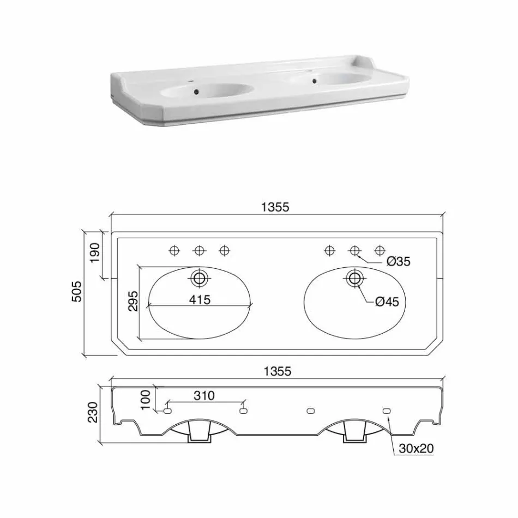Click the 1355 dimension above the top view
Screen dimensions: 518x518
[x=278, y=207]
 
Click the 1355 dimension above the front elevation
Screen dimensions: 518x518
[x=278, y=371]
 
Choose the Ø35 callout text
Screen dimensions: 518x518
[x=398, y=262]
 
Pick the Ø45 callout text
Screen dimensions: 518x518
[x=388, y=302]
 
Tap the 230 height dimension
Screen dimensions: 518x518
[x=93, y=412]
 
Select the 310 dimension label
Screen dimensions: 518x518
[x=204, y=396]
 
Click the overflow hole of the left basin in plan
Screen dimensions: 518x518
[x=199, y=278]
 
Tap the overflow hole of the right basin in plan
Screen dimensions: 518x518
[x=355, y=278]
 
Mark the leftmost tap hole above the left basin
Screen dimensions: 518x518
[x=174, y=250]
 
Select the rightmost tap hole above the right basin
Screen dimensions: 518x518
[x=380, y=250]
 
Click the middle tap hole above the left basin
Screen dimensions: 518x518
[x=199, y=250]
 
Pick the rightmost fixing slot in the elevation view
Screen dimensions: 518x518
[x=388, y=411]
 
